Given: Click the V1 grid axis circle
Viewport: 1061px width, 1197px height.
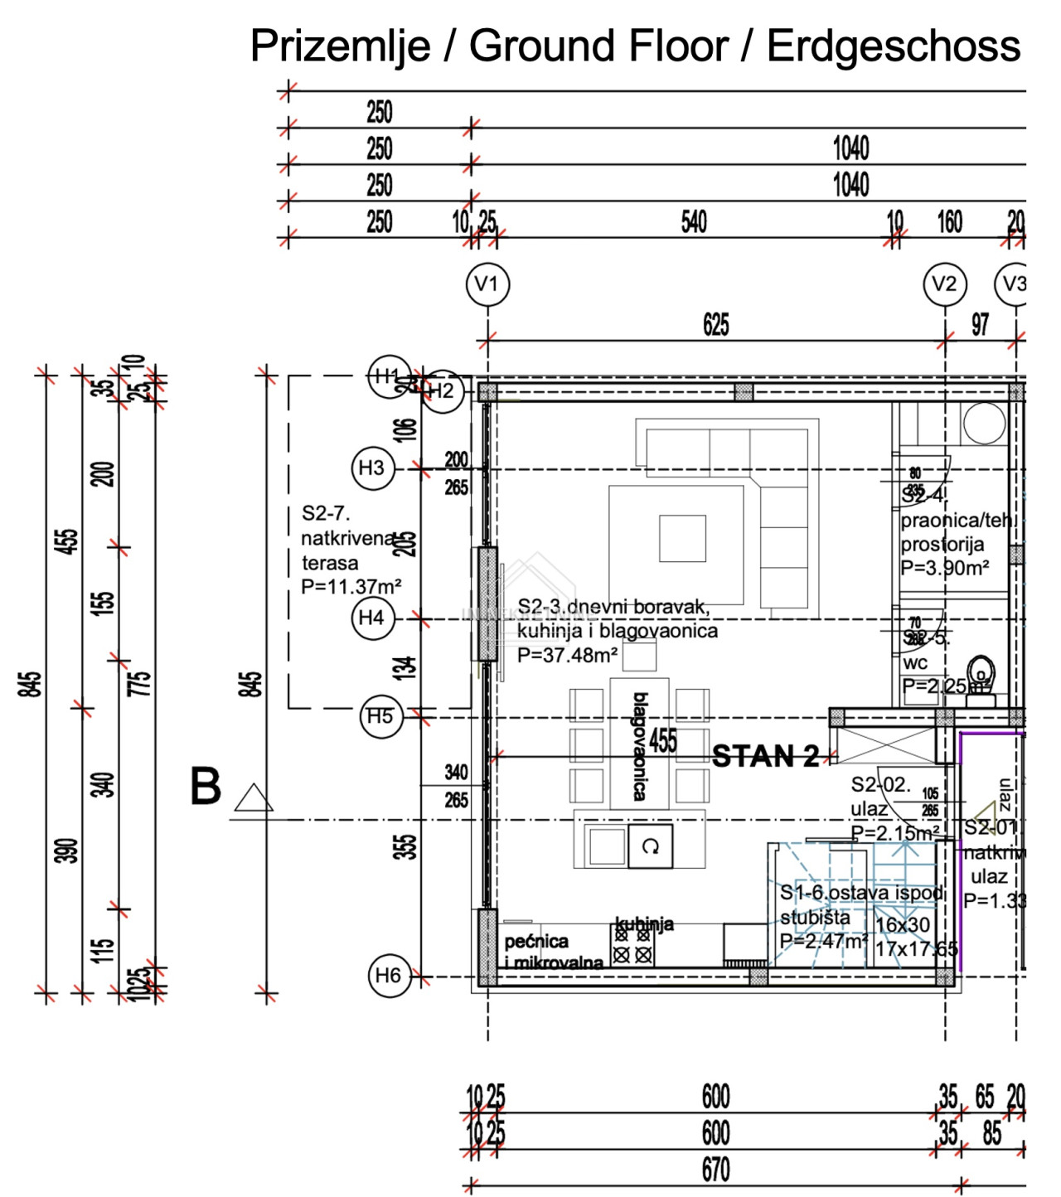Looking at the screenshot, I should [487, 284].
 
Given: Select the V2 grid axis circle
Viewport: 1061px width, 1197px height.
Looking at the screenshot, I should [945, 284].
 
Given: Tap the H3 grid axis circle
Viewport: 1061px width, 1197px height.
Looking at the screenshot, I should [372, 468].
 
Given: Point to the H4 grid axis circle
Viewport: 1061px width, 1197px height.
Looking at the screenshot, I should [372, 618].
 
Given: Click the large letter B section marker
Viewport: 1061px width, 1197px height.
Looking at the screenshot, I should [206, 787].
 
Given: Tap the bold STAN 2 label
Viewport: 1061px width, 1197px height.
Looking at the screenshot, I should [765, 756].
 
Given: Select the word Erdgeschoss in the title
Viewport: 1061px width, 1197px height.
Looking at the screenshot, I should [893, 46].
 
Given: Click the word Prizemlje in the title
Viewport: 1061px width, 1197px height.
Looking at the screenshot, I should [340, 46].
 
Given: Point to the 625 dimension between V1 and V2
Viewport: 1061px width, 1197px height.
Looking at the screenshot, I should [716, 324].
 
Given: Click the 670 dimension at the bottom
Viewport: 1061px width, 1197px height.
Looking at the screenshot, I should [716, 1170].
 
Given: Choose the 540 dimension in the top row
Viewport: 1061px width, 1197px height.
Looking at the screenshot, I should [694, 222].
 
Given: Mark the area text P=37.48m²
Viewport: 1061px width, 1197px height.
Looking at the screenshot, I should [567, 655].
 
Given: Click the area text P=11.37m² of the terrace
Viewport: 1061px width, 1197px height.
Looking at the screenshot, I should [351, 587].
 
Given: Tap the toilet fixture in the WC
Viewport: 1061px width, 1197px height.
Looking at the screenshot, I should [981, 676].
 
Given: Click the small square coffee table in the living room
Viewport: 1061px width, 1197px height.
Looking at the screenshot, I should [682, 539].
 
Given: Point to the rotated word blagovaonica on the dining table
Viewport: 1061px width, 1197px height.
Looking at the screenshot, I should [640, 747].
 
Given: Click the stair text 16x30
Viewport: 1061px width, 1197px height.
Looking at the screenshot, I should [903, 925].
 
